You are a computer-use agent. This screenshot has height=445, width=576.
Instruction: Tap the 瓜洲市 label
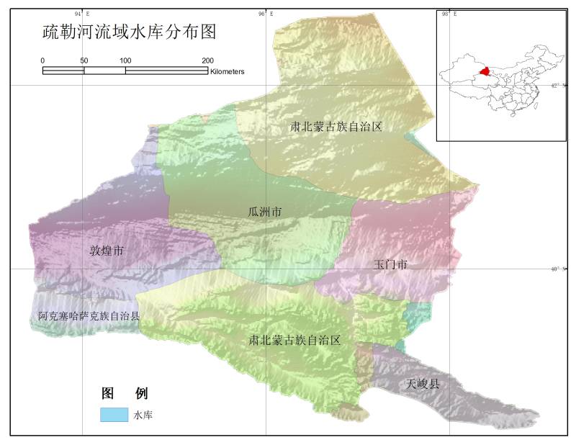click(x=264, y=212)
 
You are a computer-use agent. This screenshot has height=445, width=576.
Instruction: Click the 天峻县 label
click(x=423, y=383)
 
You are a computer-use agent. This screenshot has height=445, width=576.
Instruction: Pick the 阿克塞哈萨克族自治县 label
click(x=89, y=316)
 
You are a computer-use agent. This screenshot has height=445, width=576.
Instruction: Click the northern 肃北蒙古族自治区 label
click(x=336, y=127)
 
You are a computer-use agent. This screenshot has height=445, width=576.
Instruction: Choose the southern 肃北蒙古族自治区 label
click(x=294, y=340)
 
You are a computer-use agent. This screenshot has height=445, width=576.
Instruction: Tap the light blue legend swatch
click(x=114, y=415)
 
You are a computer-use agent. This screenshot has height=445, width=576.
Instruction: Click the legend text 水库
click(x=143, y=415)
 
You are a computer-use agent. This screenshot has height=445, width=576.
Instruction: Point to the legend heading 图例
click(x=125, y=393)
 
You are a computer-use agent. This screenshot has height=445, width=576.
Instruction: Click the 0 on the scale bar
click(x=42, y=60)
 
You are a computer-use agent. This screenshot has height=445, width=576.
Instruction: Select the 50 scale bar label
click(x=84, y=60)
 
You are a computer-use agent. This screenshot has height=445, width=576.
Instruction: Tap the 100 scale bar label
click(x=125, y=60)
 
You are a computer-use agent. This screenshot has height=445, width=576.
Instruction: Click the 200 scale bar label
click(x=207, y=60)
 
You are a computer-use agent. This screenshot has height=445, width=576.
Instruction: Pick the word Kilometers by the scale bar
click(x=228, y=71)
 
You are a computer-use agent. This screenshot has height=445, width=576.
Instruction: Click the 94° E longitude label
click(x=82, y=14)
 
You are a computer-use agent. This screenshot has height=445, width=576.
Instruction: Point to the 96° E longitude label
click(x=265, y=14)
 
